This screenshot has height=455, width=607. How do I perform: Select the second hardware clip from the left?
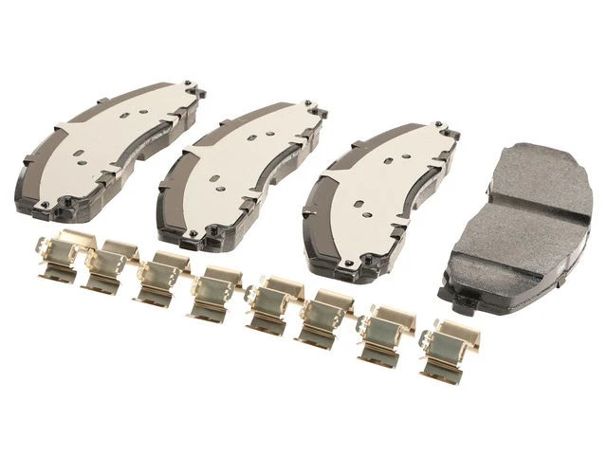tap(106, 264)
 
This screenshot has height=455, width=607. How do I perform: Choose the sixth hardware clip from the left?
tap(323, 315)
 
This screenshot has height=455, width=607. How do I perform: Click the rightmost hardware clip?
tap(445, 347)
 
